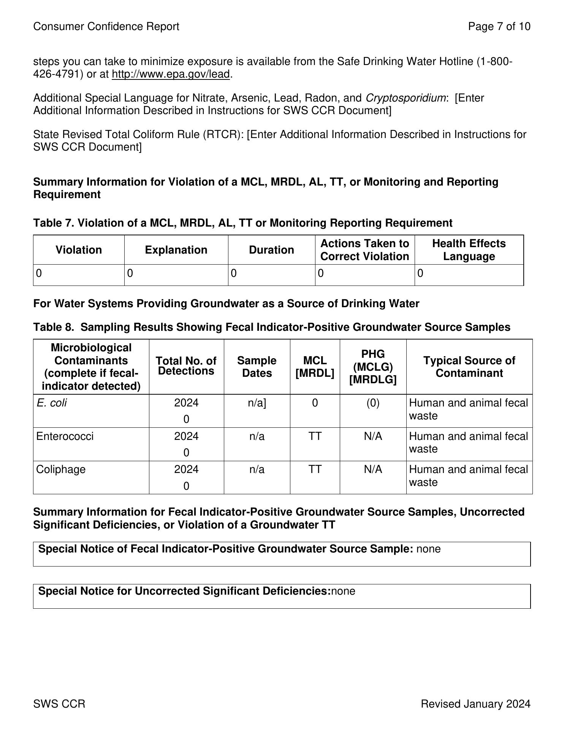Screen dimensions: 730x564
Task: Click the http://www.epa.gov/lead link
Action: (171, 74)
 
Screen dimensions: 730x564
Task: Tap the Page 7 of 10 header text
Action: (499, 26)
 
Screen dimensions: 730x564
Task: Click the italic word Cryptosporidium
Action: (406, 98)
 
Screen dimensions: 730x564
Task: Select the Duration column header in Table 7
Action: (271, 250)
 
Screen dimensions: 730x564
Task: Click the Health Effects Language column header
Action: (469, 250)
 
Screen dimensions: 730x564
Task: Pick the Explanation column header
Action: (176, 250)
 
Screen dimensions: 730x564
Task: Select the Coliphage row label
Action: (61, 470)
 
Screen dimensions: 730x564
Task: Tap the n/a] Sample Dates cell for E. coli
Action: (257, 403)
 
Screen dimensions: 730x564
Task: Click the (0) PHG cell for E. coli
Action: (373, 403)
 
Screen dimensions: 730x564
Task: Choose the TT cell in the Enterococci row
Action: (315, 436)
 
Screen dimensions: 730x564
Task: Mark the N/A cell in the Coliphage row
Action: (373, 470)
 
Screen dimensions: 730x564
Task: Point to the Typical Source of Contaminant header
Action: (469, 367)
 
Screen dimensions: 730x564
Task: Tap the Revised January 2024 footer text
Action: (475, 704)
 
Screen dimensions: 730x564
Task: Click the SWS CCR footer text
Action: (59, 704)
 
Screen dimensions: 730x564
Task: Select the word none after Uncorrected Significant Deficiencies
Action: (343, 591)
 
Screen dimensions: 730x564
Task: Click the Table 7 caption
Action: (242, 223)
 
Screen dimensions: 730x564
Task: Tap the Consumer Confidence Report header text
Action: (106, 26)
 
